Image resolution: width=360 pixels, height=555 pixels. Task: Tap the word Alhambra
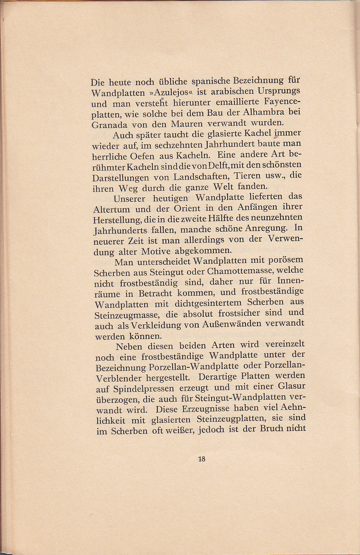coord(265,112)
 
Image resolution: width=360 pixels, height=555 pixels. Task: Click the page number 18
coord(202,459)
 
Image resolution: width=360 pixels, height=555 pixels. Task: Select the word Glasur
coord(291,386)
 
